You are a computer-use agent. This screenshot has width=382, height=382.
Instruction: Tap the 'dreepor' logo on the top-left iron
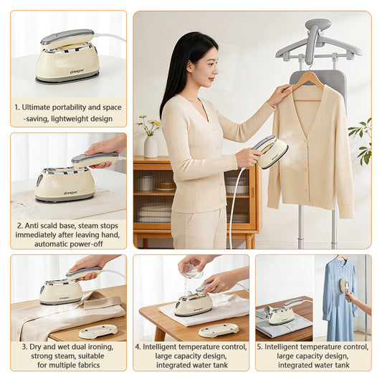77,71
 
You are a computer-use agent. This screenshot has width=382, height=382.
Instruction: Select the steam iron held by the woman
271,152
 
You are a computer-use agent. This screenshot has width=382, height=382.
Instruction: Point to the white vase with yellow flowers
151,145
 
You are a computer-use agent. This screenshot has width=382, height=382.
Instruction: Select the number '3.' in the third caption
24,345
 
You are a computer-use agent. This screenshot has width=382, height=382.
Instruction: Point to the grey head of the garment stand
317,29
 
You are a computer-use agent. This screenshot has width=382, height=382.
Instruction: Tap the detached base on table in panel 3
97,331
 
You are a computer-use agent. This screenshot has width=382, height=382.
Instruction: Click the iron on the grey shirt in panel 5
282,314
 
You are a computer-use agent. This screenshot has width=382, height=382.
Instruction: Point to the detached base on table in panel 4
218,330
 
